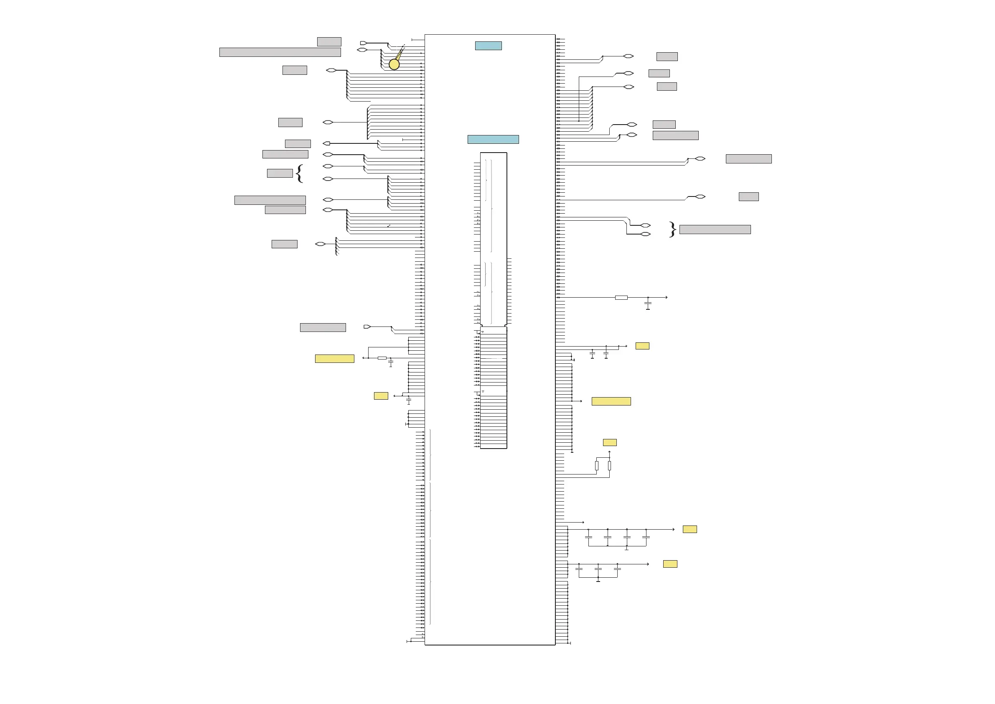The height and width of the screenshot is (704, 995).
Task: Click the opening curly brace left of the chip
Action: pyautogui.click(x=299, y=173)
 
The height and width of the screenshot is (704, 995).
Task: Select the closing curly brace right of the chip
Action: pyautogui.click(x=672, y=230)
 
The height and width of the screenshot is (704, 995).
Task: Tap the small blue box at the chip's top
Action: pyautogui.click(x=489, y=46)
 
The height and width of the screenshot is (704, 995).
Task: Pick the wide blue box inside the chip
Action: pyautogui.click(x=493, y=139)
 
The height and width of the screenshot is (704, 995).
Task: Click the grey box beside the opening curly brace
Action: pyautogui.click(x=280, y=173)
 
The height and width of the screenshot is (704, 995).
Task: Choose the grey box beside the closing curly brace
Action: pyautogui.click(x=715, y=230)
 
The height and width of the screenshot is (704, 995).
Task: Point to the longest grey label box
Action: pyautogui.click(x=280, y=52)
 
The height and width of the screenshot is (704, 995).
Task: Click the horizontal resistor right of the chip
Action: pyautogui.click(x=621, y=298)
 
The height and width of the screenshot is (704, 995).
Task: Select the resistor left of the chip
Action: pyautogui.click(x=382, y=358)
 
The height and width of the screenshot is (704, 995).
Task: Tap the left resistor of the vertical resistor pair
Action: pyautogui.click(x=597, y=466)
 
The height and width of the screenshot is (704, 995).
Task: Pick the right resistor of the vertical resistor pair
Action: pyautogui.click(x=609, y=466)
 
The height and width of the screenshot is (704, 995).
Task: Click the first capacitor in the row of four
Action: pyautogui.click(x=588, y=537)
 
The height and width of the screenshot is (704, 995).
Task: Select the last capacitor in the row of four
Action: pyautogui.click(x=646, y=537)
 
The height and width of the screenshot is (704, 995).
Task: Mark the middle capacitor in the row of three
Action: pyautogui.click(x=598, y=569)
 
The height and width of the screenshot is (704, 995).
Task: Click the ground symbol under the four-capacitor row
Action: pyautogui.click(x=627, y=548)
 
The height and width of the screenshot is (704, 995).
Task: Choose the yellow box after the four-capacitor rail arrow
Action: pyautogui.click(x=690, y=529)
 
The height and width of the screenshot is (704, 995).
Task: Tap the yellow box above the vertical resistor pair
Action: pyautogui.click(x=610, y=443)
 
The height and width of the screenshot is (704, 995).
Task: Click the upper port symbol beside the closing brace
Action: pyautogui.click(x=645, y=225)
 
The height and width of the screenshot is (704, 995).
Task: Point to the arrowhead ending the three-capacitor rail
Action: pyautogui.click(x=648, y=564)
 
